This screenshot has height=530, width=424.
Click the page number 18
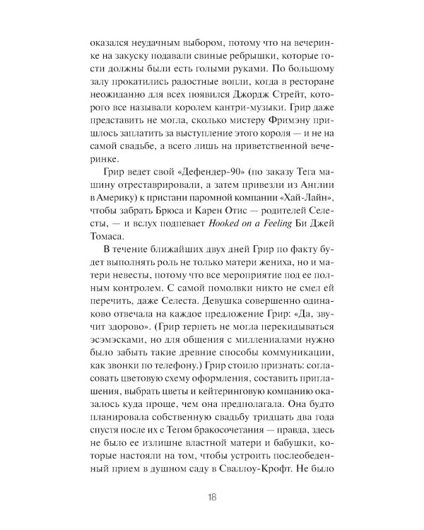[212, 494]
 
